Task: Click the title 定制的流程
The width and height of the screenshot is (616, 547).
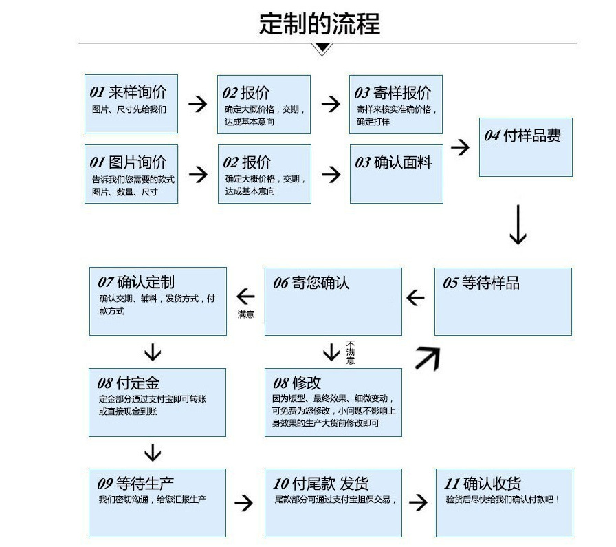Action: (x=319, y=23)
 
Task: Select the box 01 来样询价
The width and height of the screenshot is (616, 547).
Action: (x=131, y=104)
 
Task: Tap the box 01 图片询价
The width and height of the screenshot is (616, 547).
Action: (x=131, y=173)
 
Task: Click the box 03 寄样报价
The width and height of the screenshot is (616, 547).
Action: (x=395, y=104)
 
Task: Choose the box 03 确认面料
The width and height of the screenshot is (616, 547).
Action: (x=396, y=173)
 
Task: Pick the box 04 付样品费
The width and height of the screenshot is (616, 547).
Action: (x=525, y=147)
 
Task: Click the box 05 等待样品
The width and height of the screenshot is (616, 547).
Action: (x=503, y=301)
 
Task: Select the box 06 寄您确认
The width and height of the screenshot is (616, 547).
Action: (x=333, y=301)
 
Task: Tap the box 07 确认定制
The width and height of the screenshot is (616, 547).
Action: (x=157, y=301)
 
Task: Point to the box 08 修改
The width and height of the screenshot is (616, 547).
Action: (x=333, y=402)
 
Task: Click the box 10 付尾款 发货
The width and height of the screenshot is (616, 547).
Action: (x=333, y=502)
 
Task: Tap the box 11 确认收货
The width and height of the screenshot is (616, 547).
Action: (x=504, y=502)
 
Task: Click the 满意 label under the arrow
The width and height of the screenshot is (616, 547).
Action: (x=245, y=314)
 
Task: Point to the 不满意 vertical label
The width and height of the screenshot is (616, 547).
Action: (x=351, y=352)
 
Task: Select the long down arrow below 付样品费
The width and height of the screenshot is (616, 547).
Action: (x=518, y=224)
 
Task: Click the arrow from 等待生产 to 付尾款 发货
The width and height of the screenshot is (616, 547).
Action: (x=243, y=502)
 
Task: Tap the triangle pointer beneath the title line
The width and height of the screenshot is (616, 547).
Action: (x=322, y=49)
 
